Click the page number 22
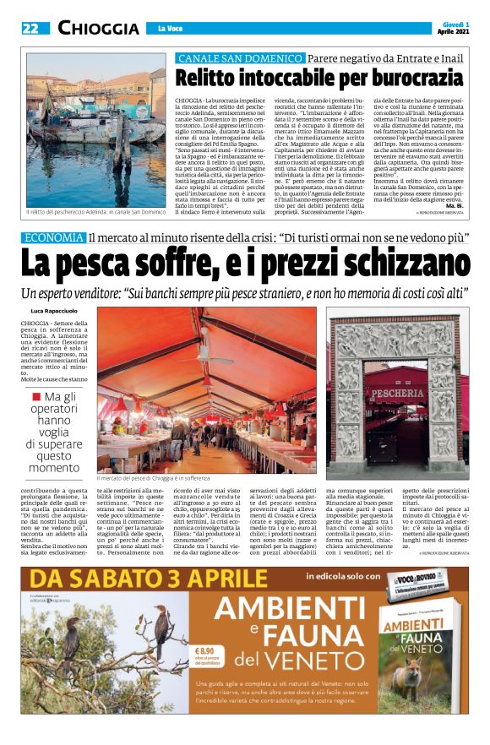(x=30, y=29)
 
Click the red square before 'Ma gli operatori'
(x=35, y=395)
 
